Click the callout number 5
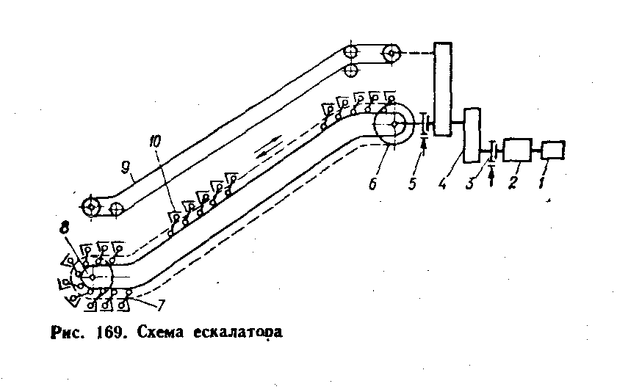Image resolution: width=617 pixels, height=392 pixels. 414,182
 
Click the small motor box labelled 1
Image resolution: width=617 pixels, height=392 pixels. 554,150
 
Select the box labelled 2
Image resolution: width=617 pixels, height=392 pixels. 519,150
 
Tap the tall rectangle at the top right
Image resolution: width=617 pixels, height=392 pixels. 442,88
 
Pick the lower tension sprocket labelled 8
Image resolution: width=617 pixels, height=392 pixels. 93,277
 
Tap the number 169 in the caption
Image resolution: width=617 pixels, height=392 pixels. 111,332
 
